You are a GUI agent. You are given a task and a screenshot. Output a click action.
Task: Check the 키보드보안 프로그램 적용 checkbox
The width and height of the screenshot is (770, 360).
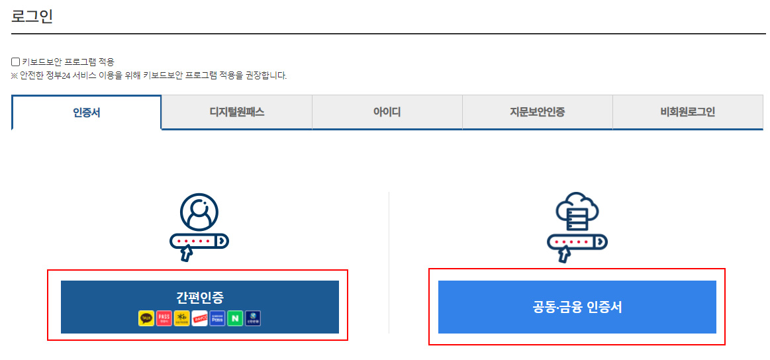[16, 62]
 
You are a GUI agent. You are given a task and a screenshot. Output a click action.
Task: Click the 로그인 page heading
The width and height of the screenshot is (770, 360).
[32, 17]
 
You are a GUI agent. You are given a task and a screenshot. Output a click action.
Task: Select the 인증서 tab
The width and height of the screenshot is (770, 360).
[87, 112]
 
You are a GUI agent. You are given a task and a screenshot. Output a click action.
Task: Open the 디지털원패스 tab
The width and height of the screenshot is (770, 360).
[237, 112]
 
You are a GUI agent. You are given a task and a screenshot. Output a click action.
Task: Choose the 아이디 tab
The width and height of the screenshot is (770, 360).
[387, 112]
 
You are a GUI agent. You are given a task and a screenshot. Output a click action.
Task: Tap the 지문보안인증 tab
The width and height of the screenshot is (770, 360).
[538, 112]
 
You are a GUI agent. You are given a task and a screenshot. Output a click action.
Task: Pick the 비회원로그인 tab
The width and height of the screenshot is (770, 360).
[688, 112]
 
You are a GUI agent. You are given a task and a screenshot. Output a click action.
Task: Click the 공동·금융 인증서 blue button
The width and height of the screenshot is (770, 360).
[577, 307]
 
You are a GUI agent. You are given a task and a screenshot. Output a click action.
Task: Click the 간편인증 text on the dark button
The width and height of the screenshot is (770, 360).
[199, 298]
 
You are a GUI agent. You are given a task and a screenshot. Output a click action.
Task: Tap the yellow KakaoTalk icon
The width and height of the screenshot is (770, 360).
[146, 318]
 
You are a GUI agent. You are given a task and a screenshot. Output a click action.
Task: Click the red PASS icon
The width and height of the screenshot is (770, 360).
[164, 318]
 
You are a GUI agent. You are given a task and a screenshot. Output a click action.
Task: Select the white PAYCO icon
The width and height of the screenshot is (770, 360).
[199, 318]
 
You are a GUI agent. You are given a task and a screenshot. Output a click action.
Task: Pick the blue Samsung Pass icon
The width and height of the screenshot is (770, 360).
[217, 318]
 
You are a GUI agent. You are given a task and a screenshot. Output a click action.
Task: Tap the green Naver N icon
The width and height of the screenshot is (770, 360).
[235, 318]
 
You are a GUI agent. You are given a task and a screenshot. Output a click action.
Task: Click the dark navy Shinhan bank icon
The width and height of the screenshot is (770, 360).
[253, 318]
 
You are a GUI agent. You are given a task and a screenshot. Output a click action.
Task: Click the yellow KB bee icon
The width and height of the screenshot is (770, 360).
[181, 318]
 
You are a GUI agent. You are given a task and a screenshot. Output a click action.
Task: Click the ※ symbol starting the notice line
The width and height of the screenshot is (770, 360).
[15, 75]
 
